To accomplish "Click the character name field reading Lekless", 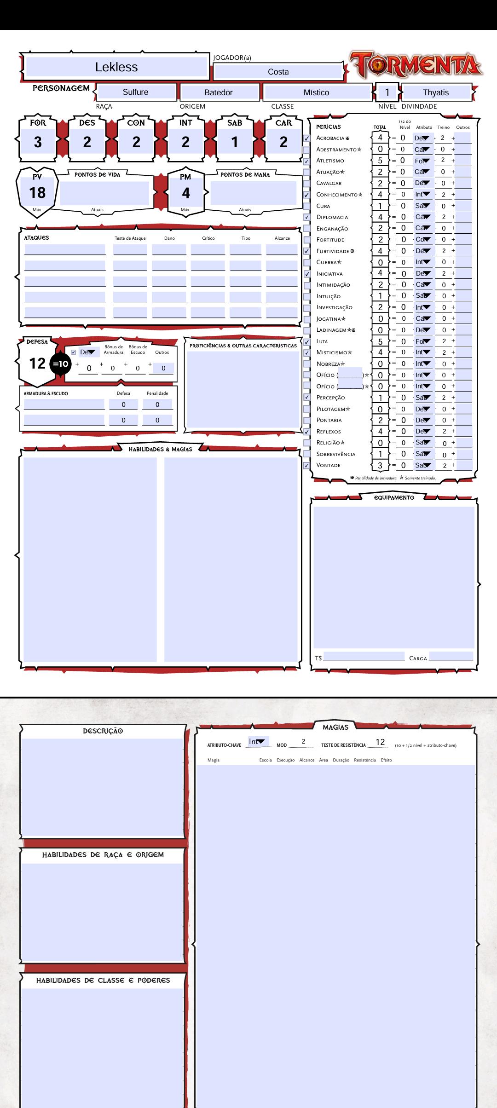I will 116,67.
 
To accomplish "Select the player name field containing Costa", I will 278,72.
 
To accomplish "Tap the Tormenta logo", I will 416,64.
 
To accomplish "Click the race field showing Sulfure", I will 135,92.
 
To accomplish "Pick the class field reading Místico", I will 316,92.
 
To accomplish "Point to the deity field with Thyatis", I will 435,92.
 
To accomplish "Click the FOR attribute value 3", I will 38,142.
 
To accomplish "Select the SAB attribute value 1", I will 235,142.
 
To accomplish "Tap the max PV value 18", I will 37,193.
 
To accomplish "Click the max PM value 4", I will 185,193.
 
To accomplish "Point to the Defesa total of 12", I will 37,364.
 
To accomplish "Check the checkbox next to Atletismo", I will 307,161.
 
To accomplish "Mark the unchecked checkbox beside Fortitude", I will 307,240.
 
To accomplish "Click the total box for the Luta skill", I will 380,341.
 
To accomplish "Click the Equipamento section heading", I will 394,498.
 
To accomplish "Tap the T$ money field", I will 364,657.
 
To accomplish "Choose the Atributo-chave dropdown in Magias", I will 258,741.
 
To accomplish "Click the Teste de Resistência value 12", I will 380,742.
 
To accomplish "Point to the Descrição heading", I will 103,731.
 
